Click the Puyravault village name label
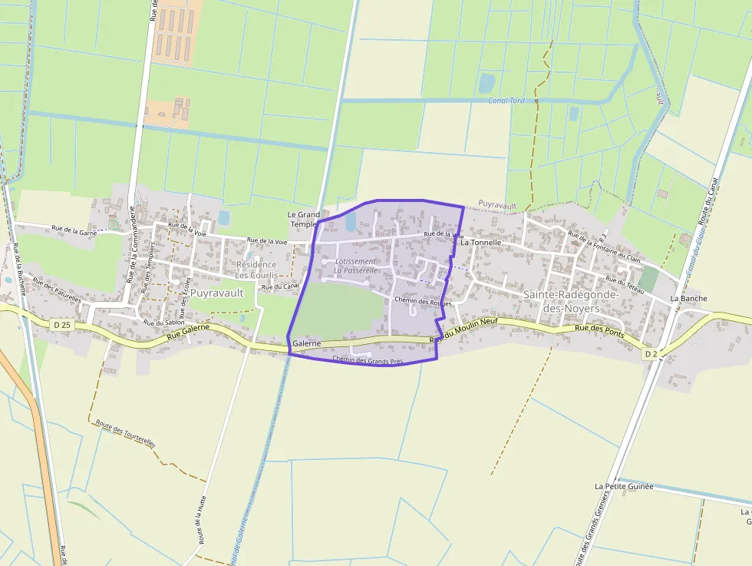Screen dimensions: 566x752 point(216,293)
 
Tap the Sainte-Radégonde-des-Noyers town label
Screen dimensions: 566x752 point(571,300)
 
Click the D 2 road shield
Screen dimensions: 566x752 point(650,353)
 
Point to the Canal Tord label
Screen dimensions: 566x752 point(506,101)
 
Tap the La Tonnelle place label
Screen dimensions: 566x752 point(481,242)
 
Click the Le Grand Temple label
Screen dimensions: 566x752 point(304,219)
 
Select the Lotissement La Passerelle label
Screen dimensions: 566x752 point(355,266)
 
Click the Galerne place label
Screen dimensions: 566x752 point(306,343)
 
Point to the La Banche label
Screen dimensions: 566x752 point(688,298)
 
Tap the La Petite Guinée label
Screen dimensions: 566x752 point(624,486)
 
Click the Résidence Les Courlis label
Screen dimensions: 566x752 point(256,270)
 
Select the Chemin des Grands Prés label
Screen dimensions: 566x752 point(368,359)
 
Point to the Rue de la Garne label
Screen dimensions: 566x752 point(74,228)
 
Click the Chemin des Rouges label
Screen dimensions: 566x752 point(423,301)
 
